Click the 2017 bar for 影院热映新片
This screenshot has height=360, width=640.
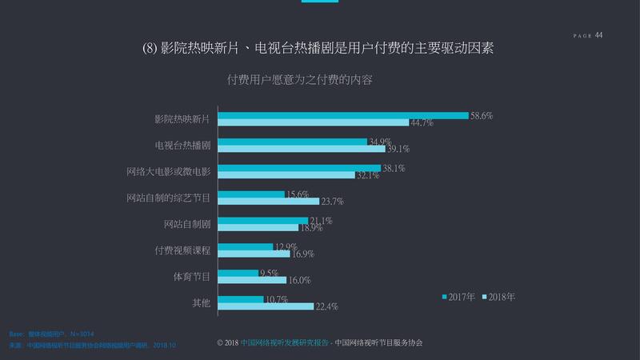343,115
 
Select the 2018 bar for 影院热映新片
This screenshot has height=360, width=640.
314,122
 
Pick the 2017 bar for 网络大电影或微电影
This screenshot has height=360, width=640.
299,168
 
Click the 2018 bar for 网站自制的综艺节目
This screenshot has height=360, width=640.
268,201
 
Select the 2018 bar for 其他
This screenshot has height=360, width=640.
266,306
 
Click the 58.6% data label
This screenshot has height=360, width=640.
481,116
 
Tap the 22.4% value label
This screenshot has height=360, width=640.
326,306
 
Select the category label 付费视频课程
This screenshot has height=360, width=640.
182,250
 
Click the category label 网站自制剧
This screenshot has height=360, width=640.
186,224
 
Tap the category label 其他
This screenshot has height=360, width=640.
201,302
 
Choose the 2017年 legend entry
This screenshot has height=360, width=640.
458,296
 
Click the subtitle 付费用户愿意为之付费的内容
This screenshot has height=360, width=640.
301,80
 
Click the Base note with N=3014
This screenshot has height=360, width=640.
51,332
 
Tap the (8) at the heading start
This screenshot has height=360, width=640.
153,49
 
